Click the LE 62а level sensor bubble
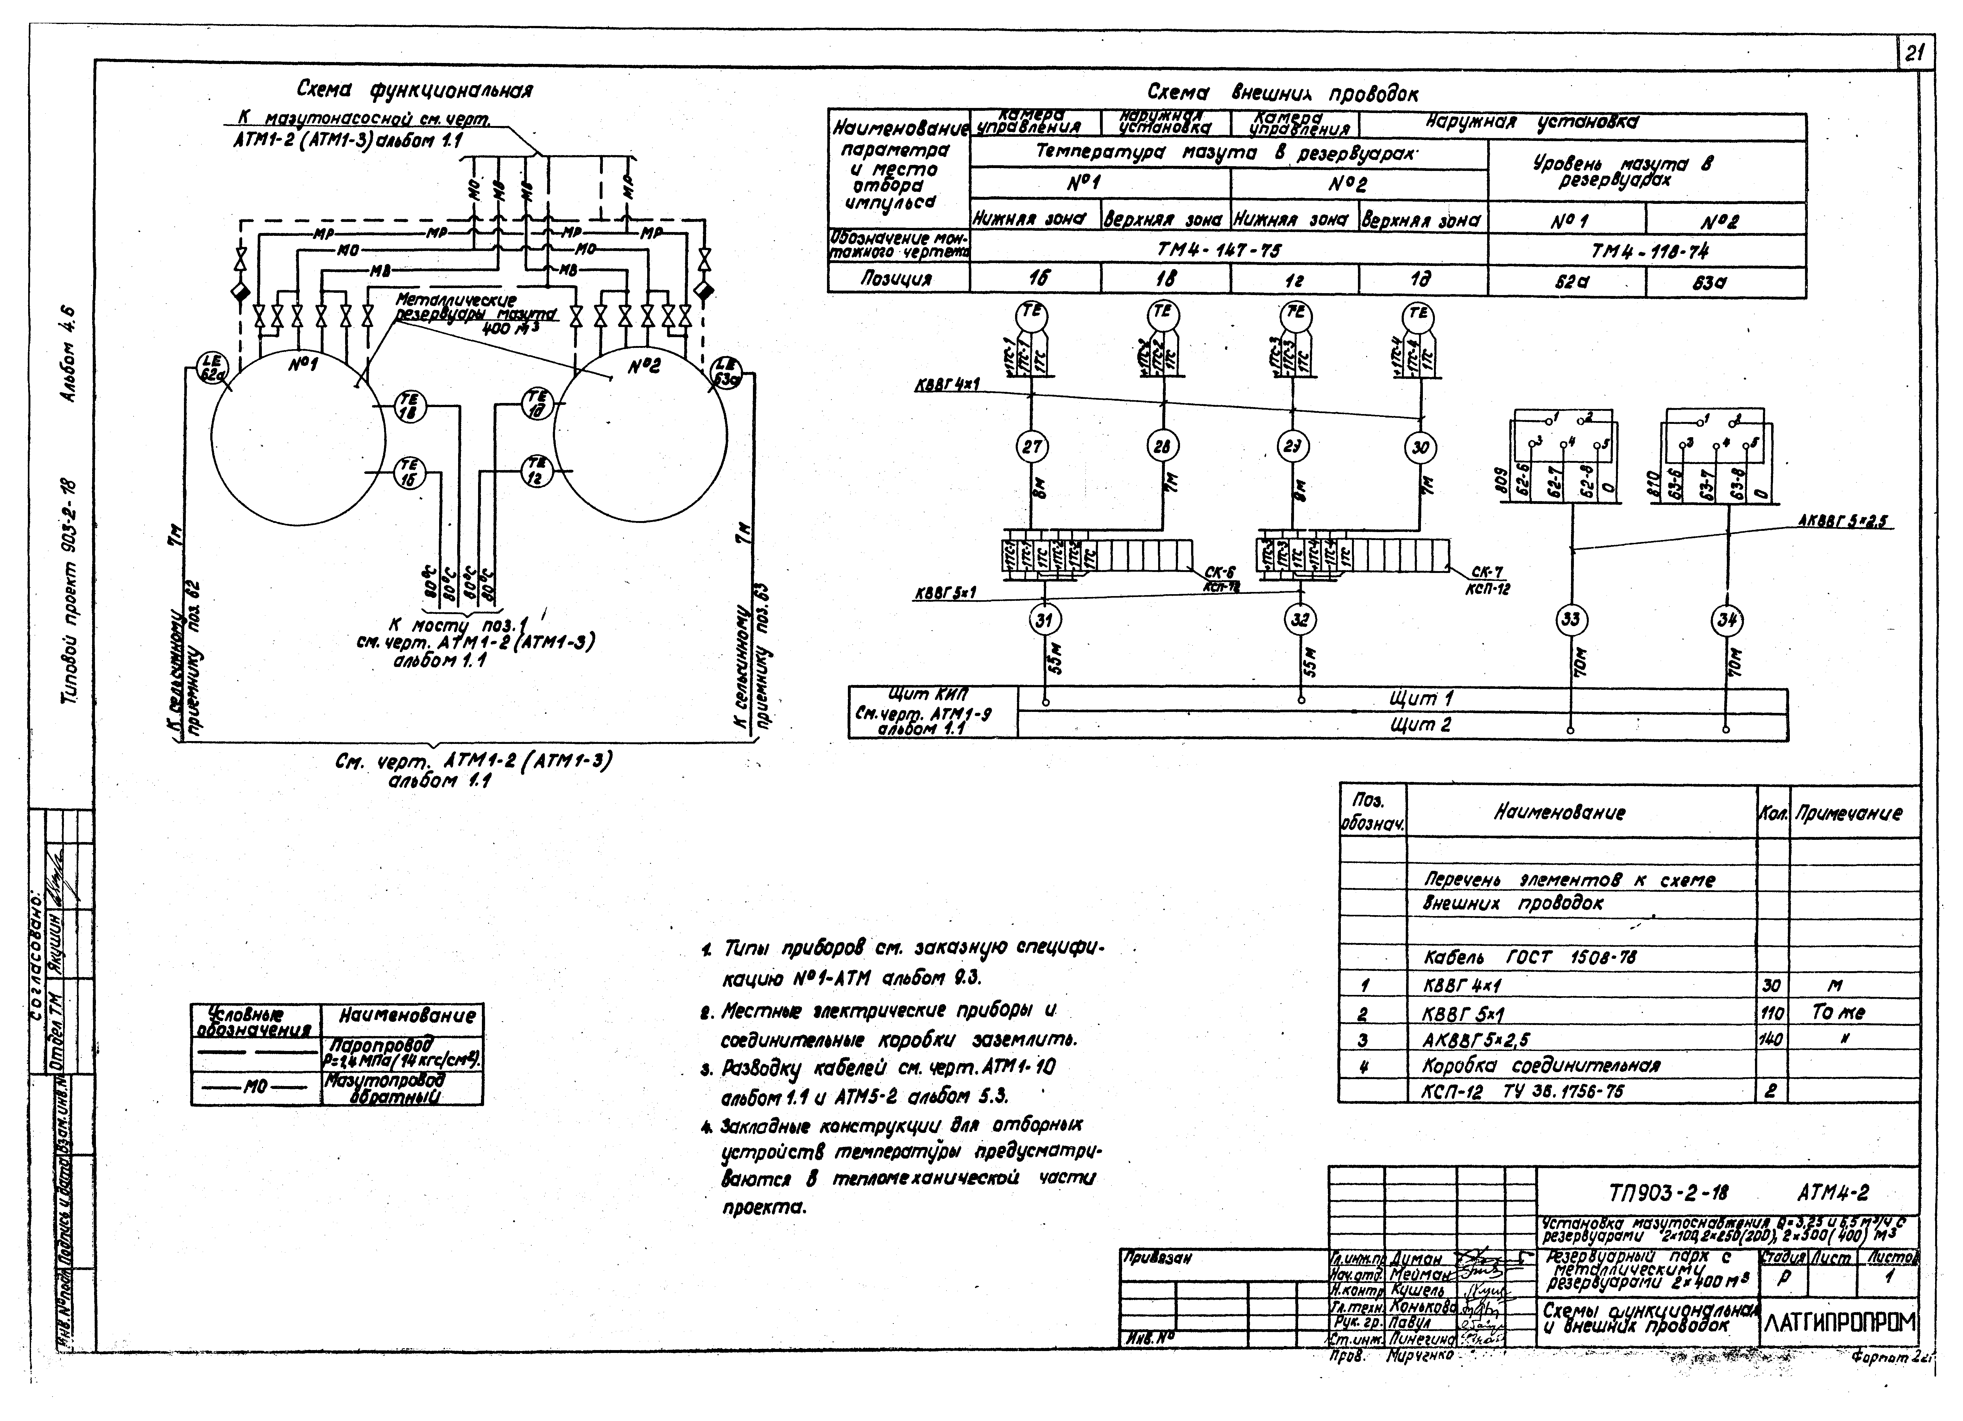(210, 368)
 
